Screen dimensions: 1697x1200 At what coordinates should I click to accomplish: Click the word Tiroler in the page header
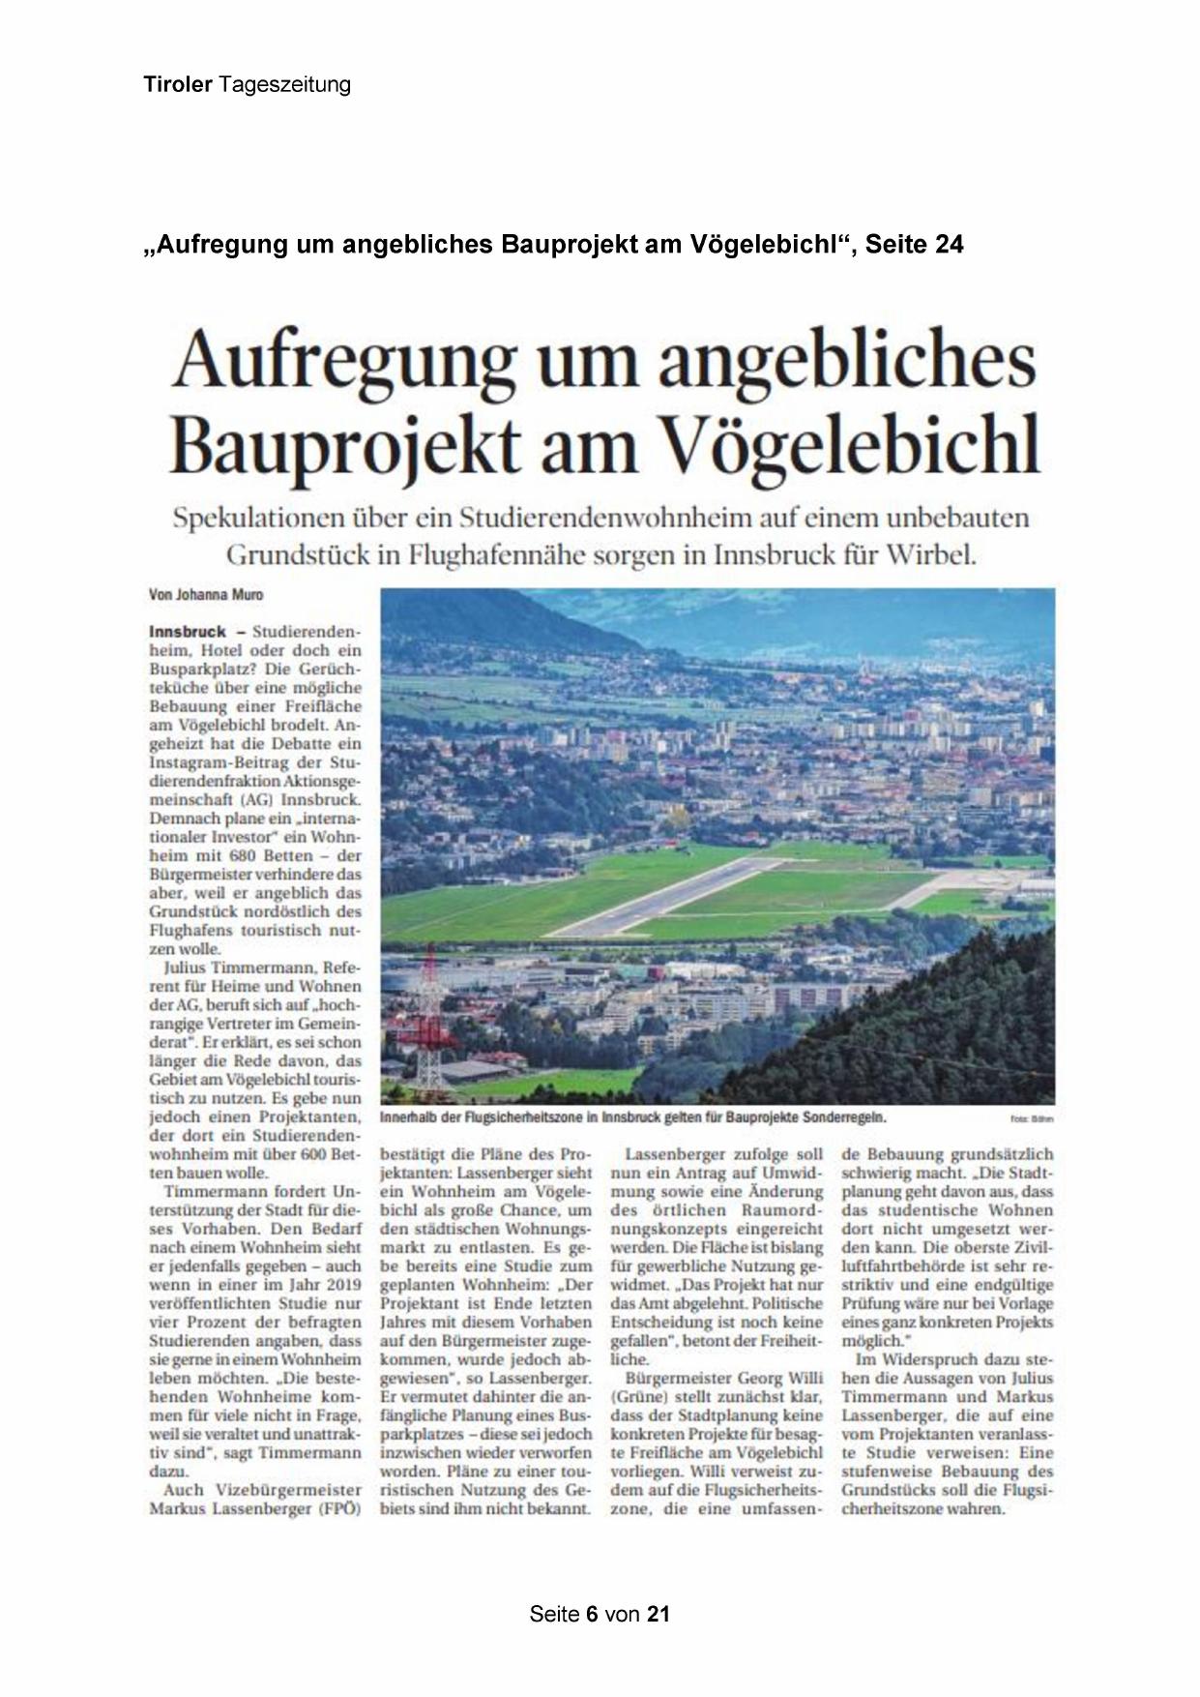point(178,84)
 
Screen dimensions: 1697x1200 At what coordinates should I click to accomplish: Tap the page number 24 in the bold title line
point(950,245)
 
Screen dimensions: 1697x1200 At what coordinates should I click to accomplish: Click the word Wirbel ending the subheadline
point(930,556)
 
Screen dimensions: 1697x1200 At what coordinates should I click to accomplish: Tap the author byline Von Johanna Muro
point(206,595)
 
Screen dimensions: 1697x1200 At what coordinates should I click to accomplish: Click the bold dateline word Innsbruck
point(188,631)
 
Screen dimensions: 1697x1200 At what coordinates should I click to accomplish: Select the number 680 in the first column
point(244,856)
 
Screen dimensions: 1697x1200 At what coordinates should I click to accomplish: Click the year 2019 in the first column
point(338,1285)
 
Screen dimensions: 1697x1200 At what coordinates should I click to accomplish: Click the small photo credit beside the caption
point(1032,1118)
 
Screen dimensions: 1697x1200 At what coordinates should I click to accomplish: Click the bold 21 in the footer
point(659,1614)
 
